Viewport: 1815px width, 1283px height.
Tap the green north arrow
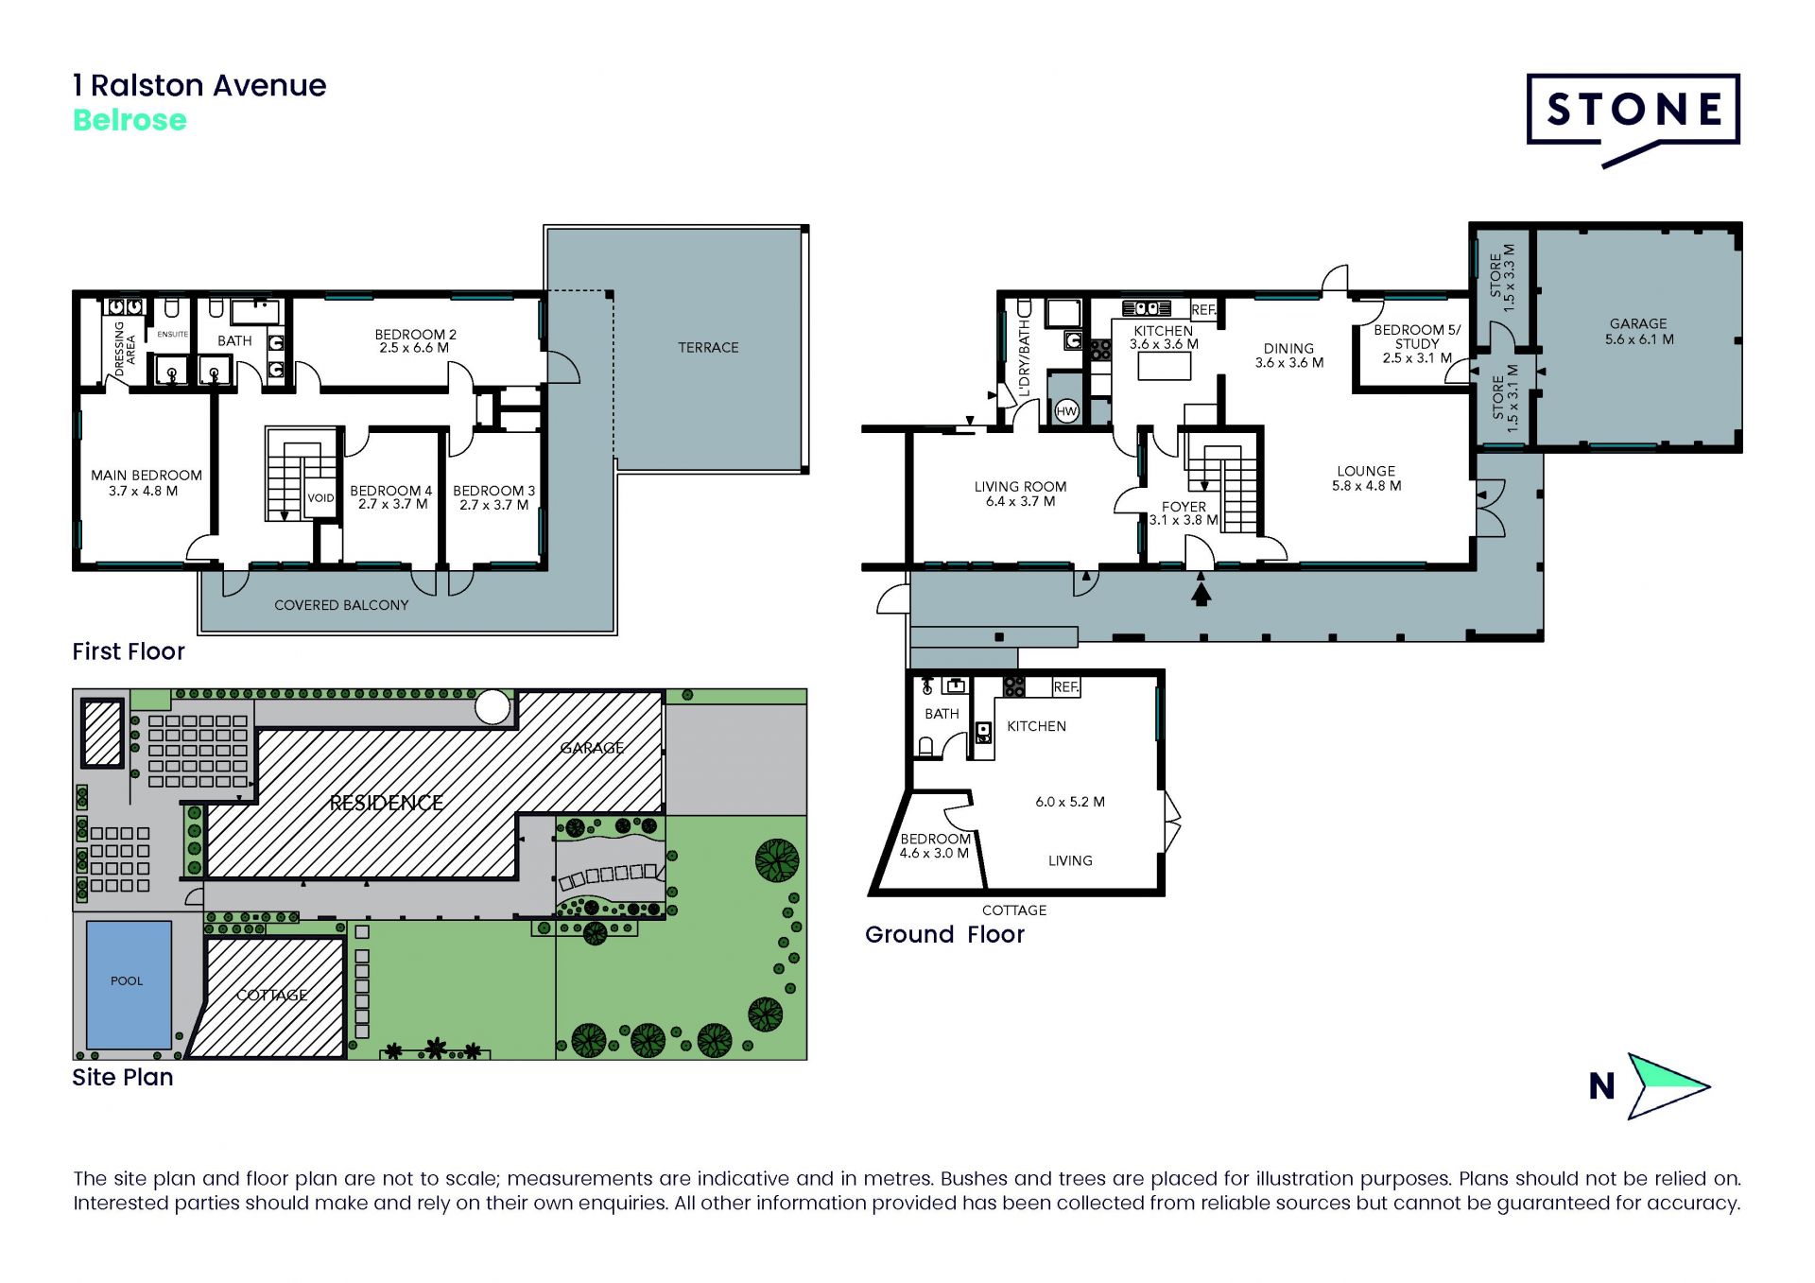pyautogui.click(x=1666, y=1085)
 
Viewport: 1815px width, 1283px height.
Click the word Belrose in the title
pyautogui.click(x=130, y=120)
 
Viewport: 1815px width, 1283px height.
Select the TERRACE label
pyautogui.click(x=708, y=348)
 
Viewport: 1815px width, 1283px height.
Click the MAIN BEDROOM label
pyautogui.click(x=147, y=476)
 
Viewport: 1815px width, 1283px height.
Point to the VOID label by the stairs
pyautogui.click(x=320, y=498)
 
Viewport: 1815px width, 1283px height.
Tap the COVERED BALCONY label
pyautogui.click(x=341, y=605)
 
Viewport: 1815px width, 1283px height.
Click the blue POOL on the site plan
pyautogui.click(x=129, y=984)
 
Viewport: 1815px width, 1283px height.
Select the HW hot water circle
pyautogui.click(x=1066, y=411)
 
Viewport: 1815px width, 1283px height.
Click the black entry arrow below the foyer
pyautogui.click(x=1201, y=594)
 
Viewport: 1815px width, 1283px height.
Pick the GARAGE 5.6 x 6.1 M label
pyautogui.click(x=1638, y=332)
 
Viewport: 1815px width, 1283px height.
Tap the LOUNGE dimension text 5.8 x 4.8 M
pyautogui.click(x=1366, y=486)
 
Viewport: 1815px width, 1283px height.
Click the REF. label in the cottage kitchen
pyautogui.click(x=1066, y=687)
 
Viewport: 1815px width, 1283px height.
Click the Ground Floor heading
pyautogui.click(x=944, y=934)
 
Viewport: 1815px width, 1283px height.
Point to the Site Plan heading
pyautogui.click(x=123, y=1078)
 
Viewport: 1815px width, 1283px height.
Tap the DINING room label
pyautogui.click(x=1288, y=349)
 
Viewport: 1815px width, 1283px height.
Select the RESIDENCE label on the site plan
pyautogui.click(x=386, y=803)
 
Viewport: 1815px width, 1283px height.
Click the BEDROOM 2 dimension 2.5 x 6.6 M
pyautogui.click(x=414, y=348)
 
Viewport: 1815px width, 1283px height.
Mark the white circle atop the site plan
pyautogui.click(x=493, y=706)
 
